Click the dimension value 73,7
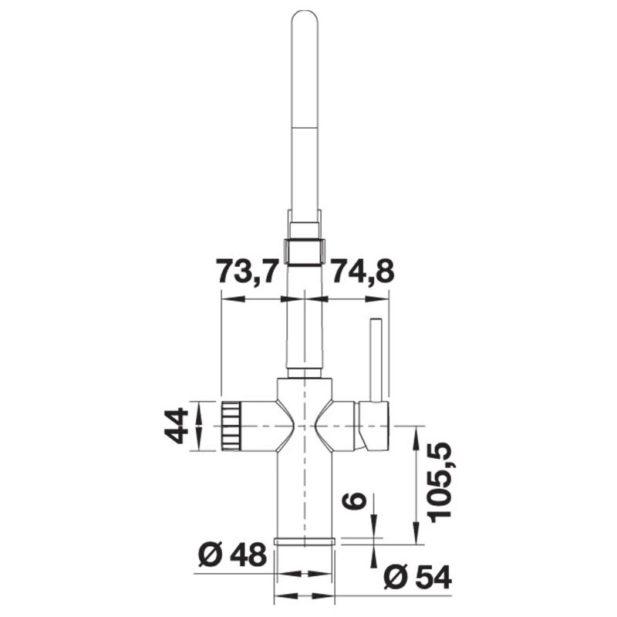tap(246, 272)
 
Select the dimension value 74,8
tap(362, 272)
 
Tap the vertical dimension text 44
tap(177, 426)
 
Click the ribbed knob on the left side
tap(231, 426)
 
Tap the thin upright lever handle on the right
tap(376, 359)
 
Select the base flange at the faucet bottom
tap(305, 541)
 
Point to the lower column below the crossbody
tap(305, 494)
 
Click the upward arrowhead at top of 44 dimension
tap(200, 407)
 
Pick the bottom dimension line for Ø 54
tap(305, 596)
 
